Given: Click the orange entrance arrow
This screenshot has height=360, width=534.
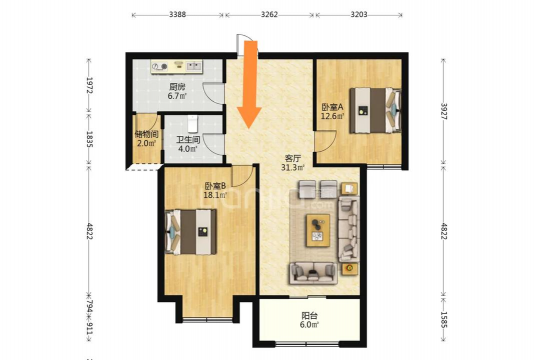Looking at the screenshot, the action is tap(250, 84).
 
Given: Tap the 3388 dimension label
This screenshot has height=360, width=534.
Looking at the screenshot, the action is tap(177, 14).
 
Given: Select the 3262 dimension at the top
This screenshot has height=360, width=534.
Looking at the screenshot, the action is tap(269, 14).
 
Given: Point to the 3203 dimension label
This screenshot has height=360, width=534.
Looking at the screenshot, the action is tap(359, 14).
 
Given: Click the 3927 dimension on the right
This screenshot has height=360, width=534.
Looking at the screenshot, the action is tap(443, 111).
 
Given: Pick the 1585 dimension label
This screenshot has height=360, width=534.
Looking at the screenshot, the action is tap(443, 320).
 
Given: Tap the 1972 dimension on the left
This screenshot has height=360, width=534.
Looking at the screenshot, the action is tap(89, 85).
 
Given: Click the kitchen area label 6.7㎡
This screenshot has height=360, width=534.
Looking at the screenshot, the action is tap(177, 96).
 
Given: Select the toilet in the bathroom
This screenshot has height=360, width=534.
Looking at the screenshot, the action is tap(193, 124).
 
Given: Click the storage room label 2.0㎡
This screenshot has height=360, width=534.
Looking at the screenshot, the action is tap(146, 143).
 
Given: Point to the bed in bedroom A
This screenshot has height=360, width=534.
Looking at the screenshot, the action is tap(375, 110).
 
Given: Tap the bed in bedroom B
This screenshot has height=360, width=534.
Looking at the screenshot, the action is tap(191, 232).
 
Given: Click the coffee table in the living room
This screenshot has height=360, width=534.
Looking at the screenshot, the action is tap(318, 230).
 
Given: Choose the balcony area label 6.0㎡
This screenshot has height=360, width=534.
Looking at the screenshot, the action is tap(309, 325).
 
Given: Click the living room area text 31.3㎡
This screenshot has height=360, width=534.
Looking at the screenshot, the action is tap(293, 167).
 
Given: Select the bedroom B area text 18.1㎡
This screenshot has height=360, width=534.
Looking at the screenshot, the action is tap(215, 195).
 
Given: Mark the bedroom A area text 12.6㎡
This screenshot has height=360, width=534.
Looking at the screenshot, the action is tap(332, 116).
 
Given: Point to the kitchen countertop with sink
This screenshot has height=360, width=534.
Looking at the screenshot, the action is tap(177, 66).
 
